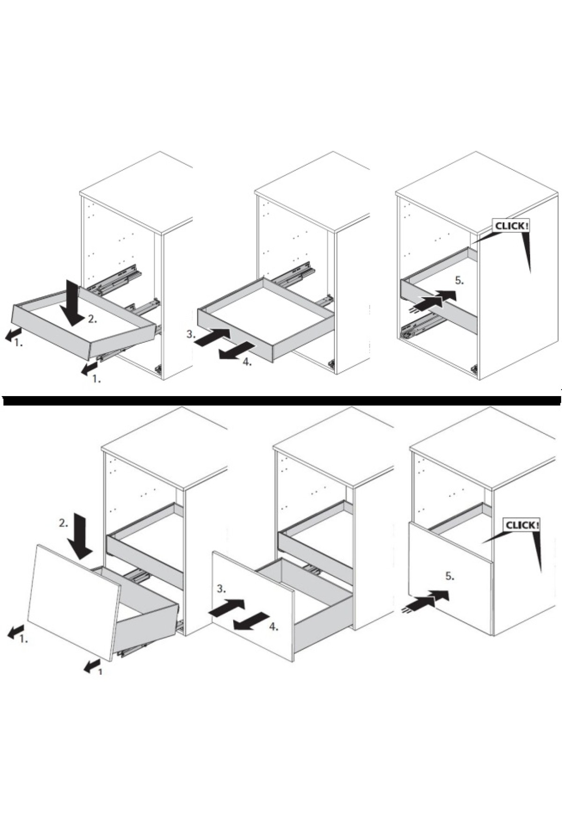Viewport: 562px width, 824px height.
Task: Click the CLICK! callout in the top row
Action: [x=511, y=226]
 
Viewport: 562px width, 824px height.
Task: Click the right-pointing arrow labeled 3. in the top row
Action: [x=212, y=337]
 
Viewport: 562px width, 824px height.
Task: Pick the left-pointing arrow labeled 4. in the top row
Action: [x=237, y=351]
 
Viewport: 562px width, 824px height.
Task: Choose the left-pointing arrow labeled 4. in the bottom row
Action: [x=251, y=621]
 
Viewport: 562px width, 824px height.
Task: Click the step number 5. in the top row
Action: [x=459, y=281]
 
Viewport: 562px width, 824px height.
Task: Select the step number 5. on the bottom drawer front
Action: [x=450, y=576]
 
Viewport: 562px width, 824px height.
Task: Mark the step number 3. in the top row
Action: [x=190, y=334]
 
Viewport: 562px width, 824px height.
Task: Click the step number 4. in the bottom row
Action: [x=274, y=627]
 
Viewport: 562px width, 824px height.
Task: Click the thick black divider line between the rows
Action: [x=281, y=400]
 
